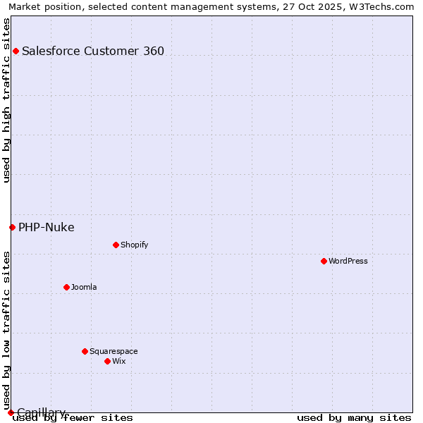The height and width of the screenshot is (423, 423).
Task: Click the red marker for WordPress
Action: [x=324, y=261]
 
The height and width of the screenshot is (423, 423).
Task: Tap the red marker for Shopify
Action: [x=116, y=245]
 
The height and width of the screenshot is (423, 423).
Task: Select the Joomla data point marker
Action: [x=66, y=287]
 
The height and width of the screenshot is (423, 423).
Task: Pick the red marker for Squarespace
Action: [x=85, y=351]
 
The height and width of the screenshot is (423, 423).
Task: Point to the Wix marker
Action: [x=107, y=361]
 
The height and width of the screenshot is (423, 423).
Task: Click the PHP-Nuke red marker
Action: [x=12, y=227]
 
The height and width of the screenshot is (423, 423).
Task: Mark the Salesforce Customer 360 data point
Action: [x=16, y=51]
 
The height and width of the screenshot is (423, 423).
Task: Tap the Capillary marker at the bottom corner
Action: [x=11, y=412]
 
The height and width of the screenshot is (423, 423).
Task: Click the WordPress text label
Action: [x=348, y=261]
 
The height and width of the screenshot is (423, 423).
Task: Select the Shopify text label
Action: [x=134, y=245]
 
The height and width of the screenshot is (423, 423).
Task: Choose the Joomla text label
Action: [x=84, y=287]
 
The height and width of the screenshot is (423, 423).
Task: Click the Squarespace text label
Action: [x=114, y=351]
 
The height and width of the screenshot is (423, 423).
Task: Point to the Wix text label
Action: [x=118, y=361]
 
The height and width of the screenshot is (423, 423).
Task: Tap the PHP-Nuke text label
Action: [x=47, y=227]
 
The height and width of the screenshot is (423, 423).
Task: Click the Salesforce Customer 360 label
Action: [x=93, y=51]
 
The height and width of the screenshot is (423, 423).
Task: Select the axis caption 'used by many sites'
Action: [x=354, y=418]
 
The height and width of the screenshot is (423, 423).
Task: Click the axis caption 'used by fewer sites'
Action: [x=73, y=418]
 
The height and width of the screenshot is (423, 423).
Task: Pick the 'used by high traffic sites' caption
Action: [x=7, y=100]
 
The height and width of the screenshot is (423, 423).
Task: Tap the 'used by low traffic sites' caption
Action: [x=7, y=330]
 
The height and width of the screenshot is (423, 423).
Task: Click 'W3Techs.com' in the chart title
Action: [x=386, y=7]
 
